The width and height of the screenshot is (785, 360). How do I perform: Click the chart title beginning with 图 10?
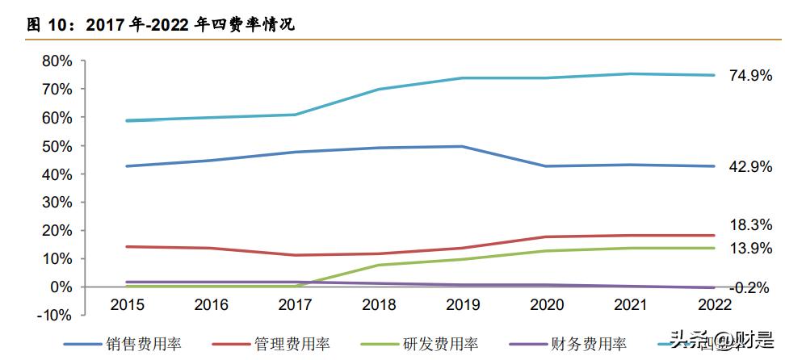[x=162, y=25]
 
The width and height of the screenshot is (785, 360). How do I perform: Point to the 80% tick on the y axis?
[x=57, y=61]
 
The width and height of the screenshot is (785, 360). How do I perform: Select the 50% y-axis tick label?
[x=57, y=146]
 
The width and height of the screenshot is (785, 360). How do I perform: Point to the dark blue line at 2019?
[x=461, y=147]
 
